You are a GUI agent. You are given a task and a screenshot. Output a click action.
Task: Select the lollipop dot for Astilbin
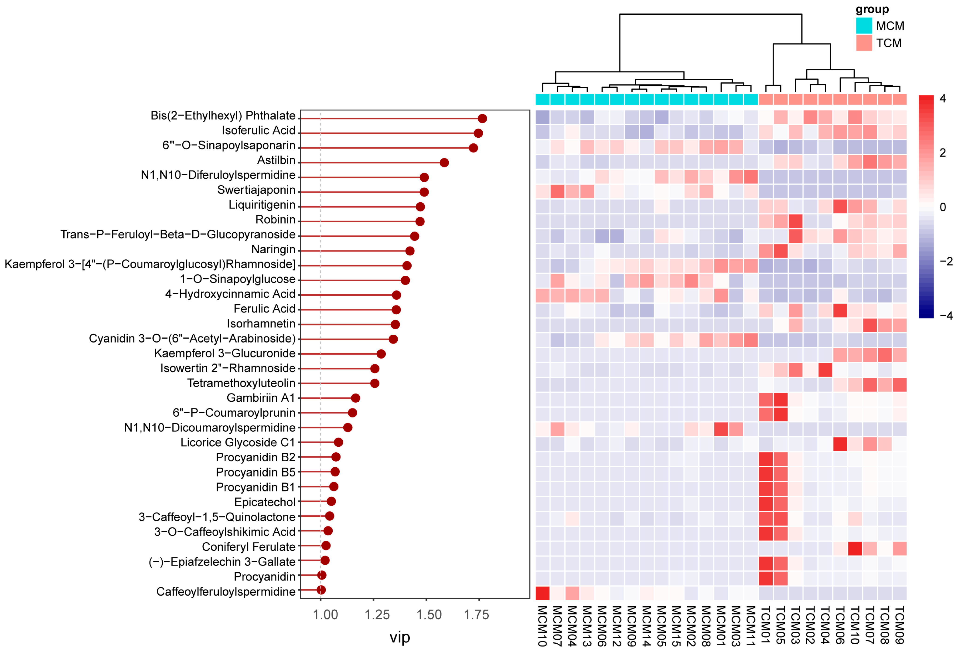(x=444, y=163)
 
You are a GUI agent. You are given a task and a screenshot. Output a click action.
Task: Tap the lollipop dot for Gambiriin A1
(x=355, y=398)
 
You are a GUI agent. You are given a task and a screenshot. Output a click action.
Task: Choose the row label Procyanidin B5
(x=256, y=472)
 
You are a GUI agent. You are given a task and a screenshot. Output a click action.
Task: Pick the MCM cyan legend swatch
(x=864, y=26)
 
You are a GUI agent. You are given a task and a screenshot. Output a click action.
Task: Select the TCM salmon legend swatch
(x=864, y=43)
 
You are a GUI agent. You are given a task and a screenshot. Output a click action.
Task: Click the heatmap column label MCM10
(x=542, y=626)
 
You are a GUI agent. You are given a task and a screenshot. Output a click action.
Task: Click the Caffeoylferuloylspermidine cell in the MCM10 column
(x=542, y=593)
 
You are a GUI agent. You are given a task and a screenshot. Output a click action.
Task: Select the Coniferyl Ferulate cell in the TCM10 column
(x=855, y=549)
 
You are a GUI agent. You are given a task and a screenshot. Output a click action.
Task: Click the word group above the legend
(x=872, y=9)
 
